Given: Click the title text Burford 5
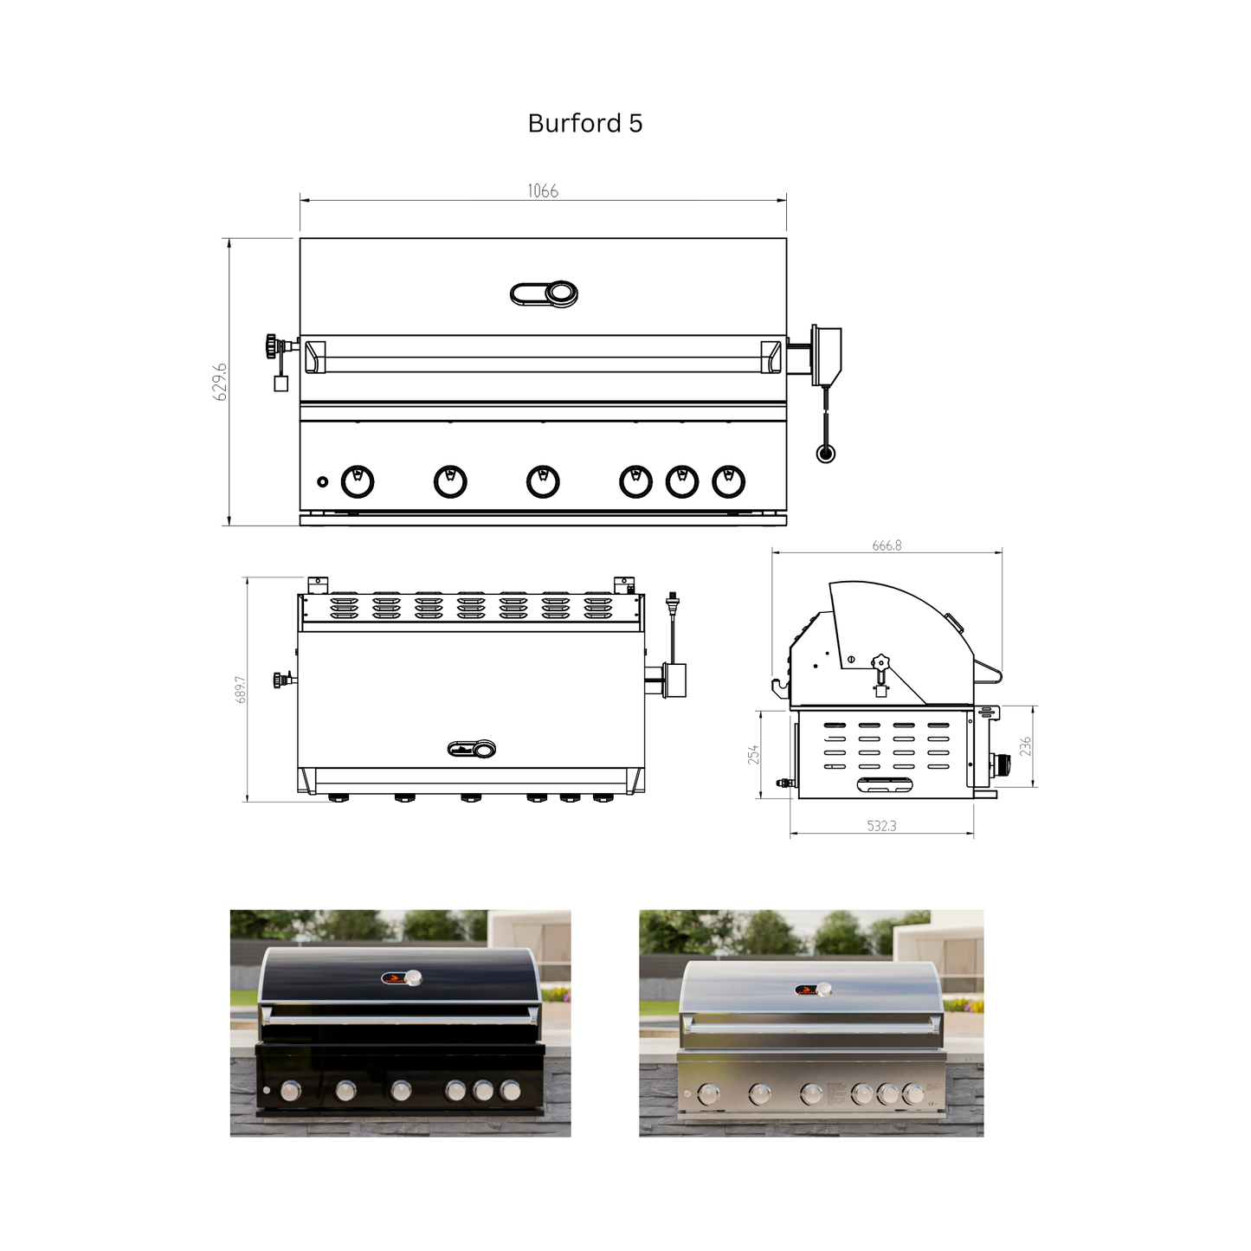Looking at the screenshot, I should coord(585,124).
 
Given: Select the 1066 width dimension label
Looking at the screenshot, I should coord(543,191).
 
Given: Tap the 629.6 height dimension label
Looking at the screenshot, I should coord(220,382).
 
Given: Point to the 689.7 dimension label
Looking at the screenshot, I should coord(241,689).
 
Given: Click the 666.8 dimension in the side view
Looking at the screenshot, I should coord(887,545).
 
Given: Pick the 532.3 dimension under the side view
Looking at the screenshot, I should coord(881,826).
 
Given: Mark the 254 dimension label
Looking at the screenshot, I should coord(753,754).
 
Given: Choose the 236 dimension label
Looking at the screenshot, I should coord(1025,746).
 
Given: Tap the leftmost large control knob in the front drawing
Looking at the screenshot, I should coord(358,481).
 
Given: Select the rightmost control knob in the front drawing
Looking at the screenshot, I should coord(728,481).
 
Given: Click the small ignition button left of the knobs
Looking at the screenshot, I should coord(323,481).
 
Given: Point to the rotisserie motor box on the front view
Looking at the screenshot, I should coord(827,355).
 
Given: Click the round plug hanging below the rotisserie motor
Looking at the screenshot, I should coord(826,453).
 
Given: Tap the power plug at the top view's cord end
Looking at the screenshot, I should coord(672,599).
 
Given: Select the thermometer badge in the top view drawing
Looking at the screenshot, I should coord(472,749).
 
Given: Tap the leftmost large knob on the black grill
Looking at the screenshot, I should coord(292,1091).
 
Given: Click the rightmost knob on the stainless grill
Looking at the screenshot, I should coord(914,1094).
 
